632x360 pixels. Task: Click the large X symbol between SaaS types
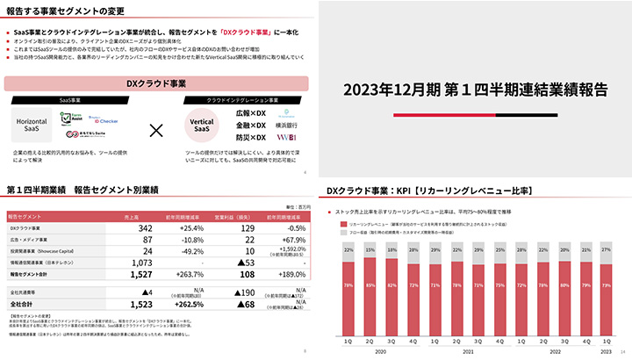pyautogui.click(x=156, y=131)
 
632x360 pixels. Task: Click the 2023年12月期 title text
pyautogui.click(x=474, y=89)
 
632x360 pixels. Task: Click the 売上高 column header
pyautogui.click(x=133, y=216)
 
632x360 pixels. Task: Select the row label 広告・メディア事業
pyautogui.click(x=27, y=240)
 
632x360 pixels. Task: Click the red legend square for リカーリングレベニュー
pyautogui.click(x=343, y=225)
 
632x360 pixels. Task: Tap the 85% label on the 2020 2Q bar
pyautogui.click(x=370, y=285)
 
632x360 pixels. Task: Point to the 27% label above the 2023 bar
pyautogui.click(x=605, y=248)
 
